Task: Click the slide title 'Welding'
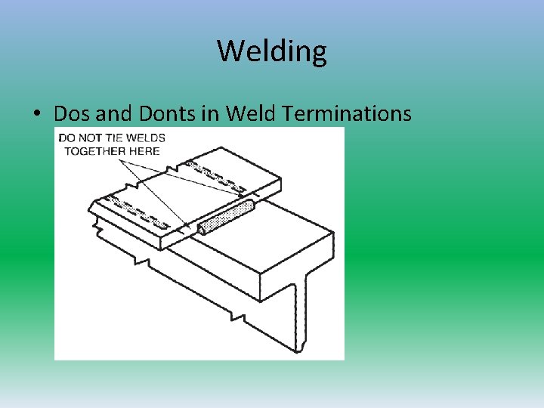pyautogui.click(x=272, y=51)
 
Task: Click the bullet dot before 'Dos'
pyautogui.click(x=37, y=115)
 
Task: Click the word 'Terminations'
pyautogui.click(x=347, y=113)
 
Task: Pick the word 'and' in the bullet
pyautogui.click(x=114, y=113)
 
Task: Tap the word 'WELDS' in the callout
pyautogui.click(x=148, y=138)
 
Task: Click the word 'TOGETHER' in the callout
pyautogui.click(x=95, y=150)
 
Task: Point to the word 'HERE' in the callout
pyautogui.click(x=144, y=150)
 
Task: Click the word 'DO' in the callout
pyautogui.click(x=66, y=138)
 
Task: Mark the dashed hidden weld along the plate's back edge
pyautogui.click(x=219, y=175)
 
